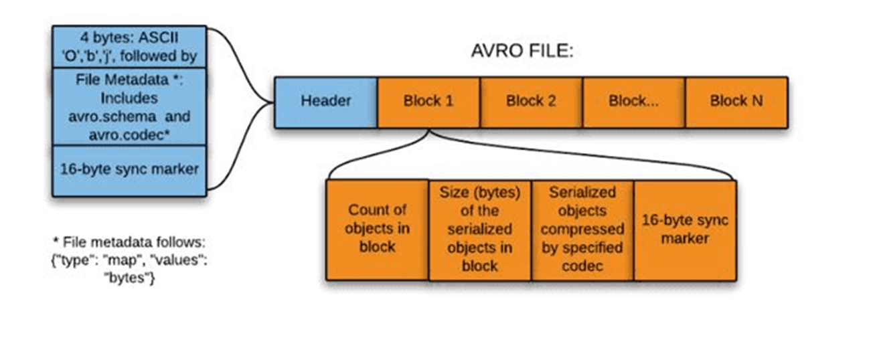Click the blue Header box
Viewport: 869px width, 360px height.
[326, 102]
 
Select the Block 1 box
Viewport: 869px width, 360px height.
[428, 102]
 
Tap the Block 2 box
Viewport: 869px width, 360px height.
[531, 102]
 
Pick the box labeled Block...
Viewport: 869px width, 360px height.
[634, 102]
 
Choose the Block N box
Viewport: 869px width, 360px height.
[736, 102]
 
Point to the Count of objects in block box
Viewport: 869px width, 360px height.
[378, 228]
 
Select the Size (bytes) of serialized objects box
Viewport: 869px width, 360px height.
[480, 229]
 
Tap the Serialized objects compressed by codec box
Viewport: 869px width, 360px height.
[582, 229]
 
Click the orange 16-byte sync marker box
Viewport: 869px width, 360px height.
[685, 229]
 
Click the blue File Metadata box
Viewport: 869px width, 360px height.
[129, 106]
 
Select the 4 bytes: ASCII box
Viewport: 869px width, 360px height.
[129, 46]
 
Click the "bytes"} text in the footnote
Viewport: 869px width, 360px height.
[130, 278]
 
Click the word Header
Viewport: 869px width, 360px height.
[326, 102]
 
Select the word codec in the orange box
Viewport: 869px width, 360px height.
[582, 265]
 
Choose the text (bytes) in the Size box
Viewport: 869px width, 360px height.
[501, 193]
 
